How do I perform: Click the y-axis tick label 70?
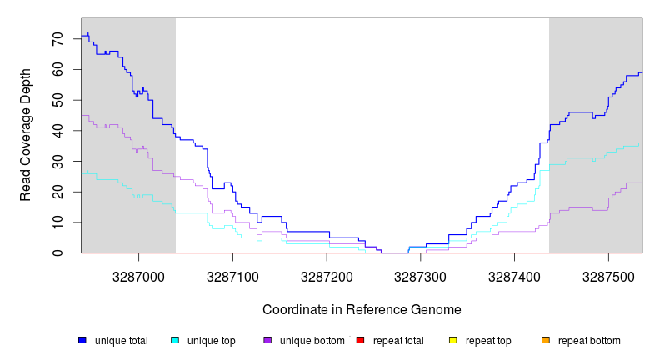pyautogui.click(x=57, y=39)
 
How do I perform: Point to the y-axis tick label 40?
pyautogui.click(x=57, y=131)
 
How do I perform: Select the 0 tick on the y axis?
pyautogui.click(x=57, y=253)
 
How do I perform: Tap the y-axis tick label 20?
pyautogui.click(x=57, y=192)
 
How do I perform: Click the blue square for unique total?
pyautogui.click(x=82, y=340)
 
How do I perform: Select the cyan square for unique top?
pyautogui.click(x=175, y=340)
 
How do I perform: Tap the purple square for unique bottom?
pyautogui.click(x=267, y=340)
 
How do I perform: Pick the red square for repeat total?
pyautogui.click(x=360, y=340)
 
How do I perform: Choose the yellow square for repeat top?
pyautogui.click(x=453, y=340)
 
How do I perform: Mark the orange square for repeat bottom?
pyautogui.click(x=546, y=340)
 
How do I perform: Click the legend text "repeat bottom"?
pyautogui.click(x=589, y=341)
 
